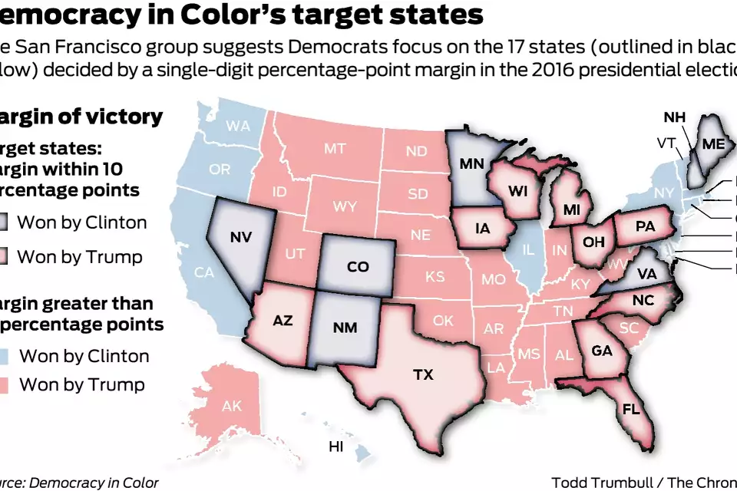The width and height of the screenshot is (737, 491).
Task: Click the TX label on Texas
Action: click(x=423, y=375)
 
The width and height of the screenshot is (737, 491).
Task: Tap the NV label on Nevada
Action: click(x=240, y=236)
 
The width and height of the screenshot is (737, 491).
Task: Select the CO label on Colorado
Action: click(x=358, y=267)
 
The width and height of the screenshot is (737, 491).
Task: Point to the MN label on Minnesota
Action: click(x=471, y=163)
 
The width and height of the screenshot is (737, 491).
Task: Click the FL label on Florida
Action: click(x=632, y=409)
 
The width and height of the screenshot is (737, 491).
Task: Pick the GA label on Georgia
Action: click(x=601, y=350)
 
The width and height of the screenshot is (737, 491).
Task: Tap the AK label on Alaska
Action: click(x=231, y=406)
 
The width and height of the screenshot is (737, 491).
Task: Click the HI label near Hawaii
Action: click(x=336, y=447)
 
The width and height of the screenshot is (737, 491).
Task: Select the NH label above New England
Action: click(x=674, y=117)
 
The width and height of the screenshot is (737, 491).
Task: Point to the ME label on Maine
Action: click(x=713, y=144)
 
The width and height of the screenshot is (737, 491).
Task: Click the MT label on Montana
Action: click(x=334, y=149)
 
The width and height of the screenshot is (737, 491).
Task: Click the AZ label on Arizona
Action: click(x=283, y=321)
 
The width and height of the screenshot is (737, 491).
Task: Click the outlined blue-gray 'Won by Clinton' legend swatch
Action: click(x=3, y=223)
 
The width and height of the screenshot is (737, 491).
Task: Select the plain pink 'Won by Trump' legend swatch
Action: click(x=3, y=384)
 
